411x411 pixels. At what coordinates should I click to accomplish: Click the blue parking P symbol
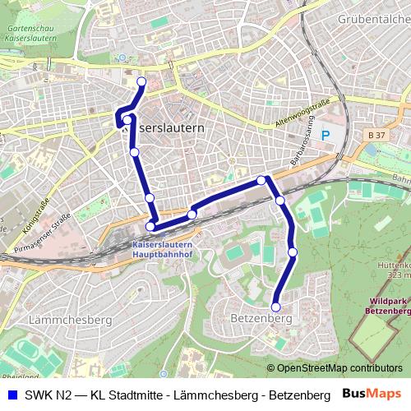coord(326,135)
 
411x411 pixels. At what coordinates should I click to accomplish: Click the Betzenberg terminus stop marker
coord(276,307)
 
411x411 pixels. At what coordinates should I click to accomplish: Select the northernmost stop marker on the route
coord(141,81)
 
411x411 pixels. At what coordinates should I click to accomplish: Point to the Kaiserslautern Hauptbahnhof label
coord(163,250)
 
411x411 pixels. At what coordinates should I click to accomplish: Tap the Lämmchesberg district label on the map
coord(58,318)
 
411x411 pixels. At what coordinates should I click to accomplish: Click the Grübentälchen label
coord(374,17)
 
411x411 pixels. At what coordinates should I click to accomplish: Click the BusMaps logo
coord(373,395)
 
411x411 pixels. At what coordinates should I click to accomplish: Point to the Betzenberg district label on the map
coord(256,317)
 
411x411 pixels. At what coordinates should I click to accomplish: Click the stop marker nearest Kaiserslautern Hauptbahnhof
coord(150,227)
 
